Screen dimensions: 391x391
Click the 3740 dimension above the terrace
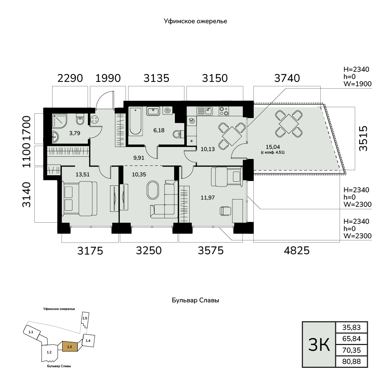(x=287, y=78)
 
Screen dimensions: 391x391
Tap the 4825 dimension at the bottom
(x=297, y=251)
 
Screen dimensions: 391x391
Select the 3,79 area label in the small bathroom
(x=75, y=133)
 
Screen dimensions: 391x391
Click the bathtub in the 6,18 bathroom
(x=135, y=121)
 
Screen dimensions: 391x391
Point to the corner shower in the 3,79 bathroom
(x=59, y=121)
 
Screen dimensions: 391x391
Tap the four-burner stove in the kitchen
(x=224, y=111)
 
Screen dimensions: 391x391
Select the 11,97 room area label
(x=208, y=198)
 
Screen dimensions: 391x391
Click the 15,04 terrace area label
(x=273, y=147)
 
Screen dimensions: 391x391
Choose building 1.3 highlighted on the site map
(x=70, y=346)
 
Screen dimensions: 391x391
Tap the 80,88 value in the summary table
(x=352, y=361)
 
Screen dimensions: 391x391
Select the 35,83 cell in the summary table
(x=352, y=327)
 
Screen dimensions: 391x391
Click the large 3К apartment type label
(x=319, y=345)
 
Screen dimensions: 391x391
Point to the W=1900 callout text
(x=358, y=84)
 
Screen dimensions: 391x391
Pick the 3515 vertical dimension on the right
(x=363, y=138)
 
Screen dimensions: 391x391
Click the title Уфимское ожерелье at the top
(x=195, y=21)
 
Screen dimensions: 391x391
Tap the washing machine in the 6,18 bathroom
(x=167, y=110)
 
